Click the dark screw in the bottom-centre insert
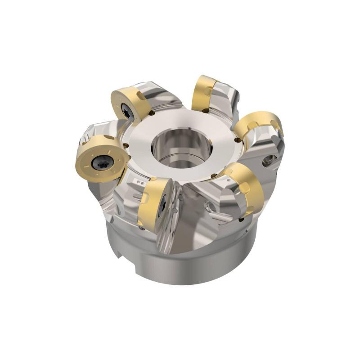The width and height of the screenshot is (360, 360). tap(163, 206)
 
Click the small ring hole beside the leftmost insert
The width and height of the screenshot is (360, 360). tap(127, 145)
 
